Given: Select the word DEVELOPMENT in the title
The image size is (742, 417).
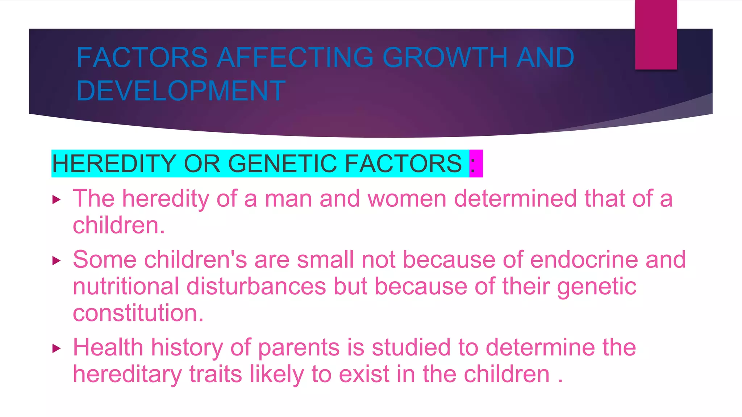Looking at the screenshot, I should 181,90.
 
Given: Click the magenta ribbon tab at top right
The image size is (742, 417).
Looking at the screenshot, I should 656,35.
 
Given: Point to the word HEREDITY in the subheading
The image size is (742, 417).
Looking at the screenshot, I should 114,164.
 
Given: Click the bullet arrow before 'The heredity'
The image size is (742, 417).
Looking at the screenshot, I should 56,199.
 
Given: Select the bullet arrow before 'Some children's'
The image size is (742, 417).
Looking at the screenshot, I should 56,260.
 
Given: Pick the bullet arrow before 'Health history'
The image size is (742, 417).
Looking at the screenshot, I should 56,348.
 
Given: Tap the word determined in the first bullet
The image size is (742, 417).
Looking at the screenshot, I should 515,199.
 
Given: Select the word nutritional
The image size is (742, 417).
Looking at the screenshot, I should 126,286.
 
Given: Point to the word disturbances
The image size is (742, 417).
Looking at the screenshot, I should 256,286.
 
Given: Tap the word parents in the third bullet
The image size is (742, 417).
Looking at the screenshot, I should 299,347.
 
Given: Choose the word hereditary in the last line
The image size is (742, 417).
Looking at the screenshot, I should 127,374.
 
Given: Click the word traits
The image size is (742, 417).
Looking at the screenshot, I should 216,374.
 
